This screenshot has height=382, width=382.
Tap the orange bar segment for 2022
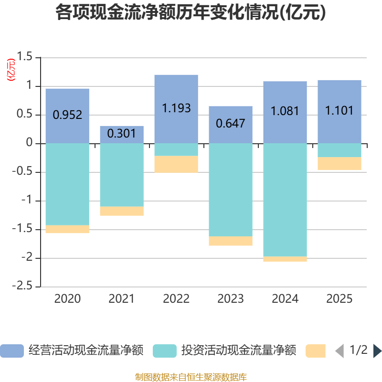pyautogui.click(x=176, y=164)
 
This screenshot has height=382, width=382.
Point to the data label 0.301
pyautogui.click(x=122, y=133)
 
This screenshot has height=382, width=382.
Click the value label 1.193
pyautogui.click(x=176, y=108)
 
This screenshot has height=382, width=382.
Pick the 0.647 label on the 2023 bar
pyautogui.click(x=231, y=123)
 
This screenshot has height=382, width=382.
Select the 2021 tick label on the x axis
pyautogui.click(x=122, y=299)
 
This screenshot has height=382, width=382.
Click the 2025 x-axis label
pyautogui.click(x=340, y=299)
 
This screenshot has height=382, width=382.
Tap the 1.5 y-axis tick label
pyautogui.click(x=26, y=57)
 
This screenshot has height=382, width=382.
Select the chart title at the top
pyautogui.click(x=191, y=13)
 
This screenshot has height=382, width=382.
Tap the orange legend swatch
pyautogui.click(x=316, y=351)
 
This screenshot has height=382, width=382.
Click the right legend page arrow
pyautogui.click(x=377, y=351)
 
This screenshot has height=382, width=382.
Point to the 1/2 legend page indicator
pyautogui.click(x=359, y=350)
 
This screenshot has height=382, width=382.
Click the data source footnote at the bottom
pyautogui.click(x=191, y=377)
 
